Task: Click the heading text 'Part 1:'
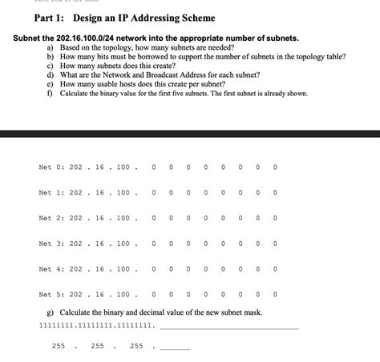[x=49, y=18]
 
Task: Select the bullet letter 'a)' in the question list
[x=51, y=48]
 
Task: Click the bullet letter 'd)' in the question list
[x=51, y=74]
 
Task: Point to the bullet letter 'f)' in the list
[x=51, y=93]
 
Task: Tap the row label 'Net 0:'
[x=51, y=167]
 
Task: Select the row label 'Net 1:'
[x=51, y=193]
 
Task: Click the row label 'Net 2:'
[x=51, y=219]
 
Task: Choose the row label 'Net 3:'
[x=51, y=244]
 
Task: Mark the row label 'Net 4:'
[x=51, y=270]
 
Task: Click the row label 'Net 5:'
[x=51, y=295]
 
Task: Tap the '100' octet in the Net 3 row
[x=122, y=244]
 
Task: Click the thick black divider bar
[x=190, y=132]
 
